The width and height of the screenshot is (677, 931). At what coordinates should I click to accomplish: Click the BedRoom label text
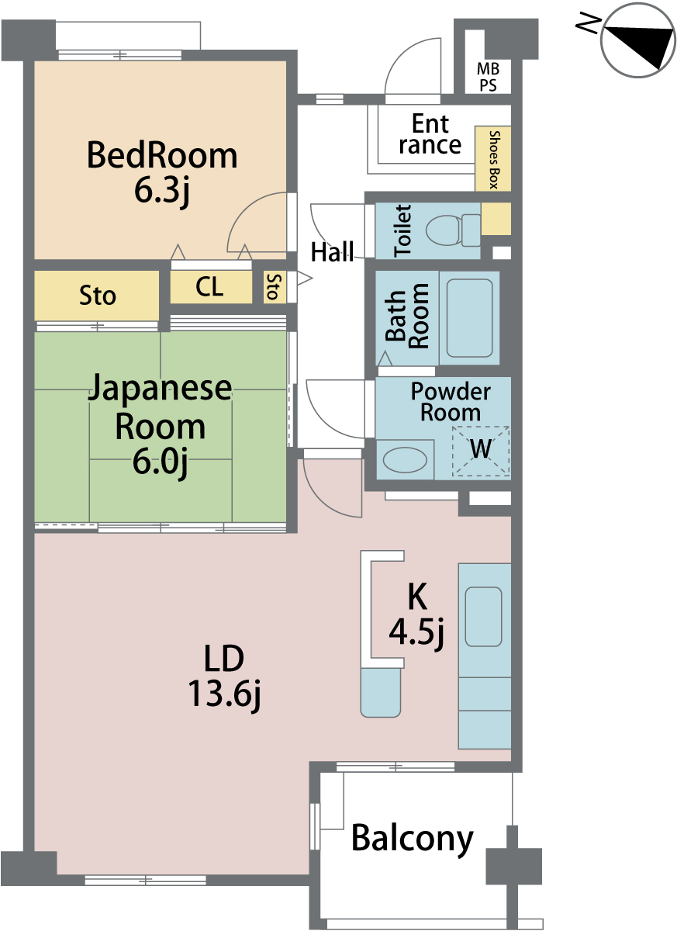click(162, 155)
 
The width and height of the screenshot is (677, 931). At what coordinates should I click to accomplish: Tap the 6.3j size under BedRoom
click(162, 191)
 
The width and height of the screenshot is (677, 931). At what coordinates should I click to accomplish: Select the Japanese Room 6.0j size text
click(161, 462)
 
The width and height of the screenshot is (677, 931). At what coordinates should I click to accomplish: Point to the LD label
click(224, 658)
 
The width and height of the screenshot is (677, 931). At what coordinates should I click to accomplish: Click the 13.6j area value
click(224, 694)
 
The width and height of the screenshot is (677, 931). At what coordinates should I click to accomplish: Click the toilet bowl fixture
click(453, 230)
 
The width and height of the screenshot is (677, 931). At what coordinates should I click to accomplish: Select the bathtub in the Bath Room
click(469, 318)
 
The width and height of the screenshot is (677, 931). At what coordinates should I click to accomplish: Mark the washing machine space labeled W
click(481, 451)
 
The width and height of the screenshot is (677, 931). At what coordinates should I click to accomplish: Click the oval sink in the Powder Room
click(405, 459)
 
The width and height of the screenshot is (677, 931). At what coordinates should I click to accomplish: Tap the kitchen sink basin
click(483, 616)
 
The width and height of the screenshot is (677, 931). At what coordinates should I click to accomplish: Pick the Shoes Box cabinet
click(493, 159)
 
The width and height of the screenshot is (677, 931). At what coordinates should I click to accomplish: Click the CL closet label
click(209, 286)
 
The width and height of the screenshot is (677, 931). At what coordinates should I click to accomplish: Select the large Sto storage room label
click(97, 296)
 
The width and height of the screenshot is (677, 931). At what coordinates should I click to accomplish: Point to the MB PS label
click(488, 77)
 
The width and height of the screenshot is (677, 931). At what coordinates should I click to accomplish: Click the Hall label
click(332, 251)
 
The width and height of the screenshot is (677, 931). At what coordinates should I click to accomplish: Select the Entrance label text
click(430, 133)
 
